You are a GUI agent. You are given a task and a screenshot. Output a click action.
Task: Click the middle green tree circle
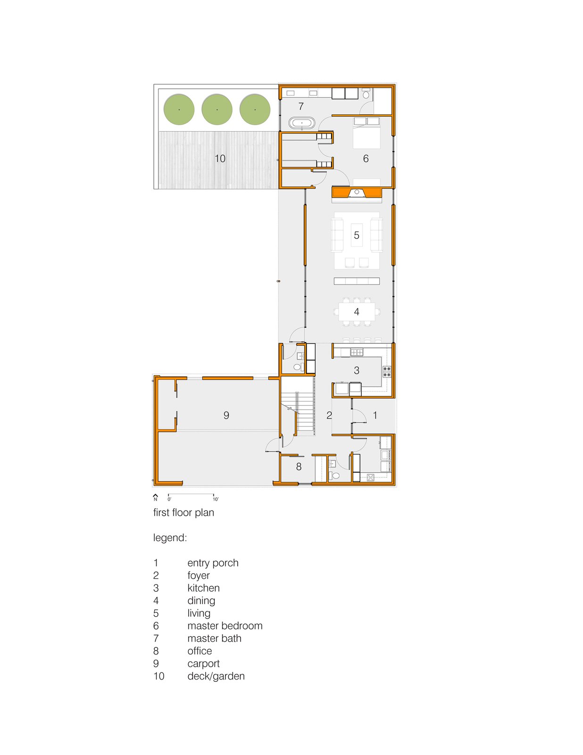[x=217, y=109]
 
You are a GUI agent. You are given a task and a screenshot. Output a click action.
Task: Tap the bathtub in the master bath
[x=302, y=123]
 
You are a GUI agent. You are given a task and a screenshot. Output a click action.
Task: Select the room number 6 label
[x=366, y=159]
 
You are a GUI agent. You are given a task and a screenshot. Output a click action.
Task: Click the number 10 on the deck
[x=220, y=159]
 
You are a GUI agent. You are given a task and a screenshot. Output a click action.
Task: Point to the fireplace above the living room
[x=357, y=193]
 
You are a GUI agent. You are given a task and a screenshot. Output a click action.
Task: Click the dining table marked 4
[x=357, y=311]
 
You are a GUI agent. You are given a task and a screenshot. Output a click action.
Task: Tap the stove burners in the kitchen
[x=387, y=371]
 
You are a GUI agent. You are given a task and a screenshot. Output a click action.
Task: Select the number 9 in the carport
[x=226, y=415]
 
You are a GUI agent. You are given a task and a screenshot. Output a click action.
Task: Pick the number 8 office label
[x=299, y=467]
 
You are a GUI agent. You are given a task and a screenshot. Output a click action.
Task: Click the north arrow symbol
[x=156, y=497]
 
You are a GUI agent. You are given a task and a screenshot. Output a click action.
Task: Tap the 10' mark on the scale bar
[x=215, y=499]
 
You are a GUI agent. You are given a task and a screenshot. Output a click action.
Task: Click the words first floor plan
[x=183, y=512]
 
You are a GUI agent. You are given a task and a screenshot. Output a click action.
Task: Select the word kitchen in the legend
[x=203, y=588]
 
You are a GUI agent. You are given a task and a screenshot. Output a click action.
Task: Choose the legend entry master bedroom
[x=225, y=626]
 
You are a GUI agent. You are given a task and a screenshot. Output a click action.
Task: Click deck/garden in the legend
[x=216, y=676]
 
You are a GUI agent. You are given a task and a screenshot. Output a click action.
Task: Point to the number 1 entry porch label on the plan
[x=375, y=415]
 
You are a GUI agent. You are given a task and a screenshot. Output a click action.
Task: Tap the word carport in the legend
[x=203, y=663]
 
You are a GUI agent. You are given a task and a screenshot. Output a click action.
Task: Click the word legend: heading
[x=170, y=538]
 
